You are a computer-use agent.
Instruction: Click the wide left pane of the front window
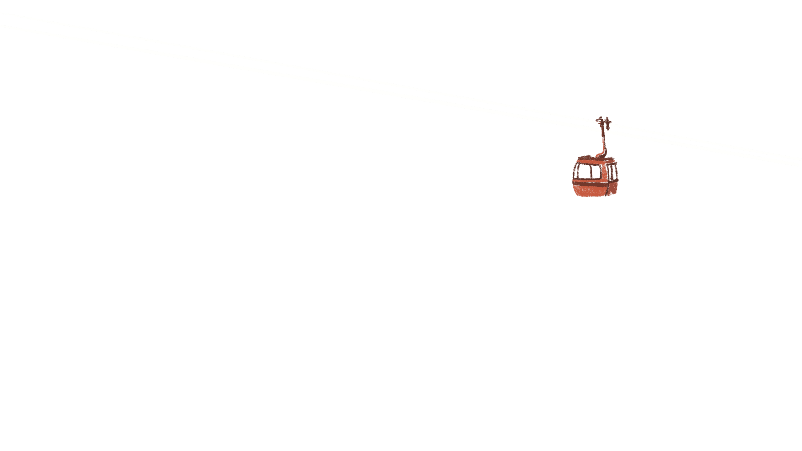click(584, 172)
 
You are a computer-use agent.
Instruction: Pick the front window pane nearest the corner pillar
click(596, 172)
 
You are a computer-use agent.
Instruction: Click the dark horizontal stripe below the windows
click(589, 182)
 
